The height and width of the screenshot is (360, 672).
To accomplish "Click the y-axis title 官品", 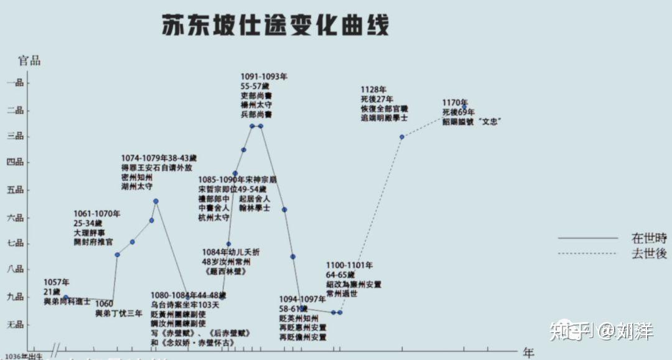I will tap(29, 60).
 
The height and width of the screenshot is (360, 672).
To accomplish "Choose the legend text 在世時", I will tap(649, 238).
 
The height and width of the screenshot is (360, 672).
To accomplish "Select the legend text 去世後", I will tap(649, 254).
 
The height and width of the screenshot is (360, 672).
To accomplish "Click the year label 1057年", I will tap(57, 282).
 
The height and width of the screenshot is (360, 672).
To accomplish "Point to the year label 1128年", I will tap(373, 90).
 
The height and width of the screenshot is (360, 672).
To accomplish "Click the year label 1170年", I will tap(455, 103).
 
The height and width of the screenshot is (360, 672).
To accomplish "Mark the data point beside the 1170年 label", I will tap(464, 108).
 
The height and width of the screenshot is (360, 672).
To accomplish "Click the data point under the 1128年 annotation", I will tap(402, 137).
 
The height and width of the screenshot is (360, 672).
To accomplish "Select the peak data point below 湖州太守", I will tap(156, 201).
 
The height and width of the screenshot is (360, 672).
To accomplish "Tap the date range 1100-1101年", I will tap(349, 265).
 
